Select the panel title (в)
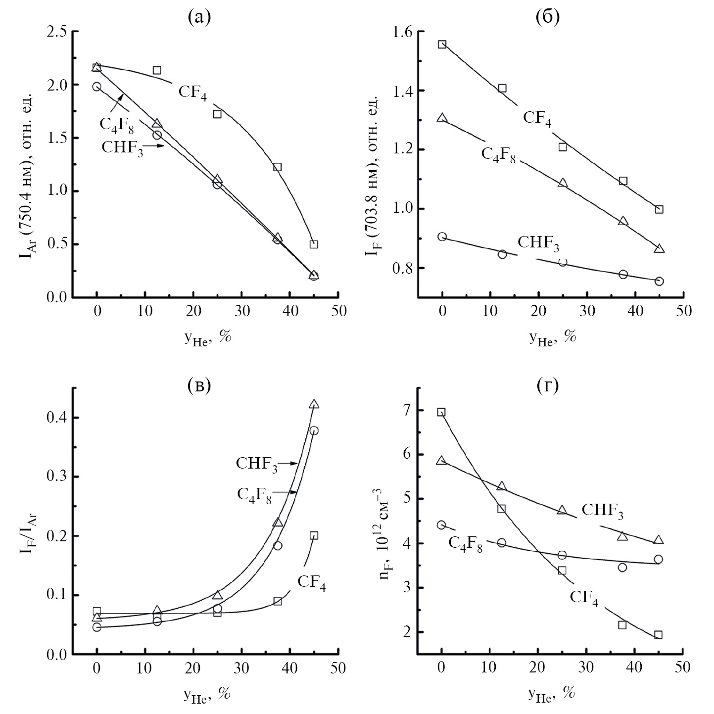coord(199,386)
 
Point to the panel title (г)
coord(547,386)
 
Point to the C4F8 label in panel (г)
coord(465,544)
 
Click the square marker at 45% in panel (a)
coord(314,244)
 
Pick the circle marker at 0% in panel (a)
coord(96,87)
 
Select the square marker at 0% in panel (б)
coord(442,44)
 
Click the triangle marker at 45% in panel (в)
coord(314,404)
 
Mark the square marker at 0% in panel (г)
coord(441,412)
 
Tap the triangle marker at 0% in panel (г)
coord(441,461)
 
